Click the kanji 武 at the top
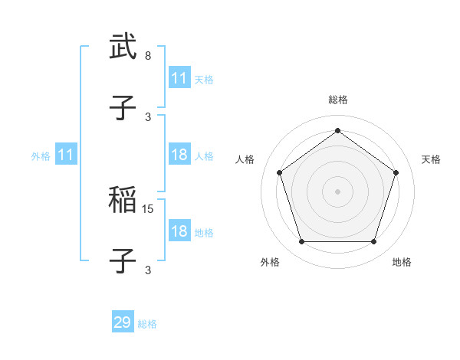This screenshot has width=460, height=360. pyautogui.click(x=123, y=47)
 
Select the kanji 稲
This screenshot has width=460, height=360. pyautogui.click(x=123, y=200)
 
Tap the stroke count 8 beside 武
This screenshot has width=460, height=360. pyautogui.click(x=148, y=56)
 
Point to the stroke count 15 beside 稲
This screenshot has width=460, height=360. pyautogui.click(x=149, y=208)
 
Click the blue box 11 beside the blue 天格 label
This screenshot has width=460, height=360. pyautogui.click(x=179, y=78)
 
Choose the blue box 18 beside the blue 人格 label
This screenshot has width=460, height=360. pyautogui.click(x=179, y=155)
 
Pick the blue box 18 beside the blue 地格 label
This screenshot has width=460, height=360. pyautogui.click(x=179, y=231)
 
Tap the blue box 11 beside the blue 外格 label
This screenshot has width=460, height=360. pyautogui.click(x=66, y=155)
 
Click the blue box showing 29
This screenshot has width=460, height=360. pyautogui.click(x=123, y=322)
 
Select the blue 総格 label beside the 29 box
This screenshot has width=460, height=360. pyautogui.click(x=148, y=324)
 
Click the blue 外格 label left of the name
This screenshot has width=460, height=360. pyautogui.click(x=41, y=156)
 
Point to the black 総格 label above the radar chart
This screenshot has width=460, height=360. pyautogui.click(x=337, y=100)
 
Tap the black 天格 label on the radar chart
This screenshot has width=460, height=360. pyautogui.click(x=432, y=159)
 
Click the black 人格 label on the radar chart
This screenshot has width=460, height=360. pyautogui.click(x=245, y=159)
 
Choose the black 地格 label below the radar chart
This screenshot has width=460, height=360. pyautogui.click(x=402, y=262)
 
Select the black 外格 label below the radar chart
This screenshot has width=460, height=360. pyautogui.click(x=270, y=262)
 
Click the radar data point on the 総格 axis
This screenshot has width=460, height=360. pyautogui.click(x=337, y=130)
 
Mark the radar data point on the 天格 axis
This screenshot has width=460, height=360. pyautogui.click(x=396, y=172)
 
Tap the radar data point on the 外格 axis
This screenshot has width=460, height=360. pyautogui.click(x=301, y=242)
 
